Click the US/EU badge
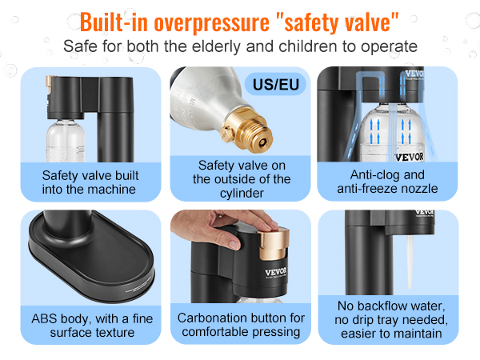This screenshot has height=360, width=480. tap(275, 84)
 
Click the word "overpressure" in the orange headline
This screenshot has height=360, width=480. tap(211, 22)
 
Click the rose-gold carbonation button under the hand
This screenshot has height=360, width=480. tap(274, 242)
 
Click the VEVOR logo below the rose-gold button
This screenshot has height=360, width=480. tap(276, 272)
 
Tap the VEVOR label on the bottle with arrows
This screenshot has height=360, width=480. tap(410, 157)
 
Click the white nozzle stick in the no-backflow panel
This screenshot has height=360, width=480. tap(410, 262)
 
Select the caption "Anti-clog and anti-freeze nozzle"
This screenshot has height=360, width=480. tap(387, 182)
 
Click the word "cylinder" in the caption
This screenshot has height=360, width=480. tap(242, 194)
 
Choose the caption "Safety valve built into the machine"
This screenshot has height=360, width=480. tap(90, 182)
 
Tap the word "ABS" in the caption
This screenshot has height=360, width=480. tap(44, 318)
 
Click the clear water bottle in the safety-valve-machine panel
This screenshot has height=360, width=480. tap(66, 141)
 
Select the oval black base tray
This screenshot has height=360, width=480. tap(91, 257)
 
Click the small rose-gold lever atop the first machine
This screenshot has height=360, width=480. tap(50, 83)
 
